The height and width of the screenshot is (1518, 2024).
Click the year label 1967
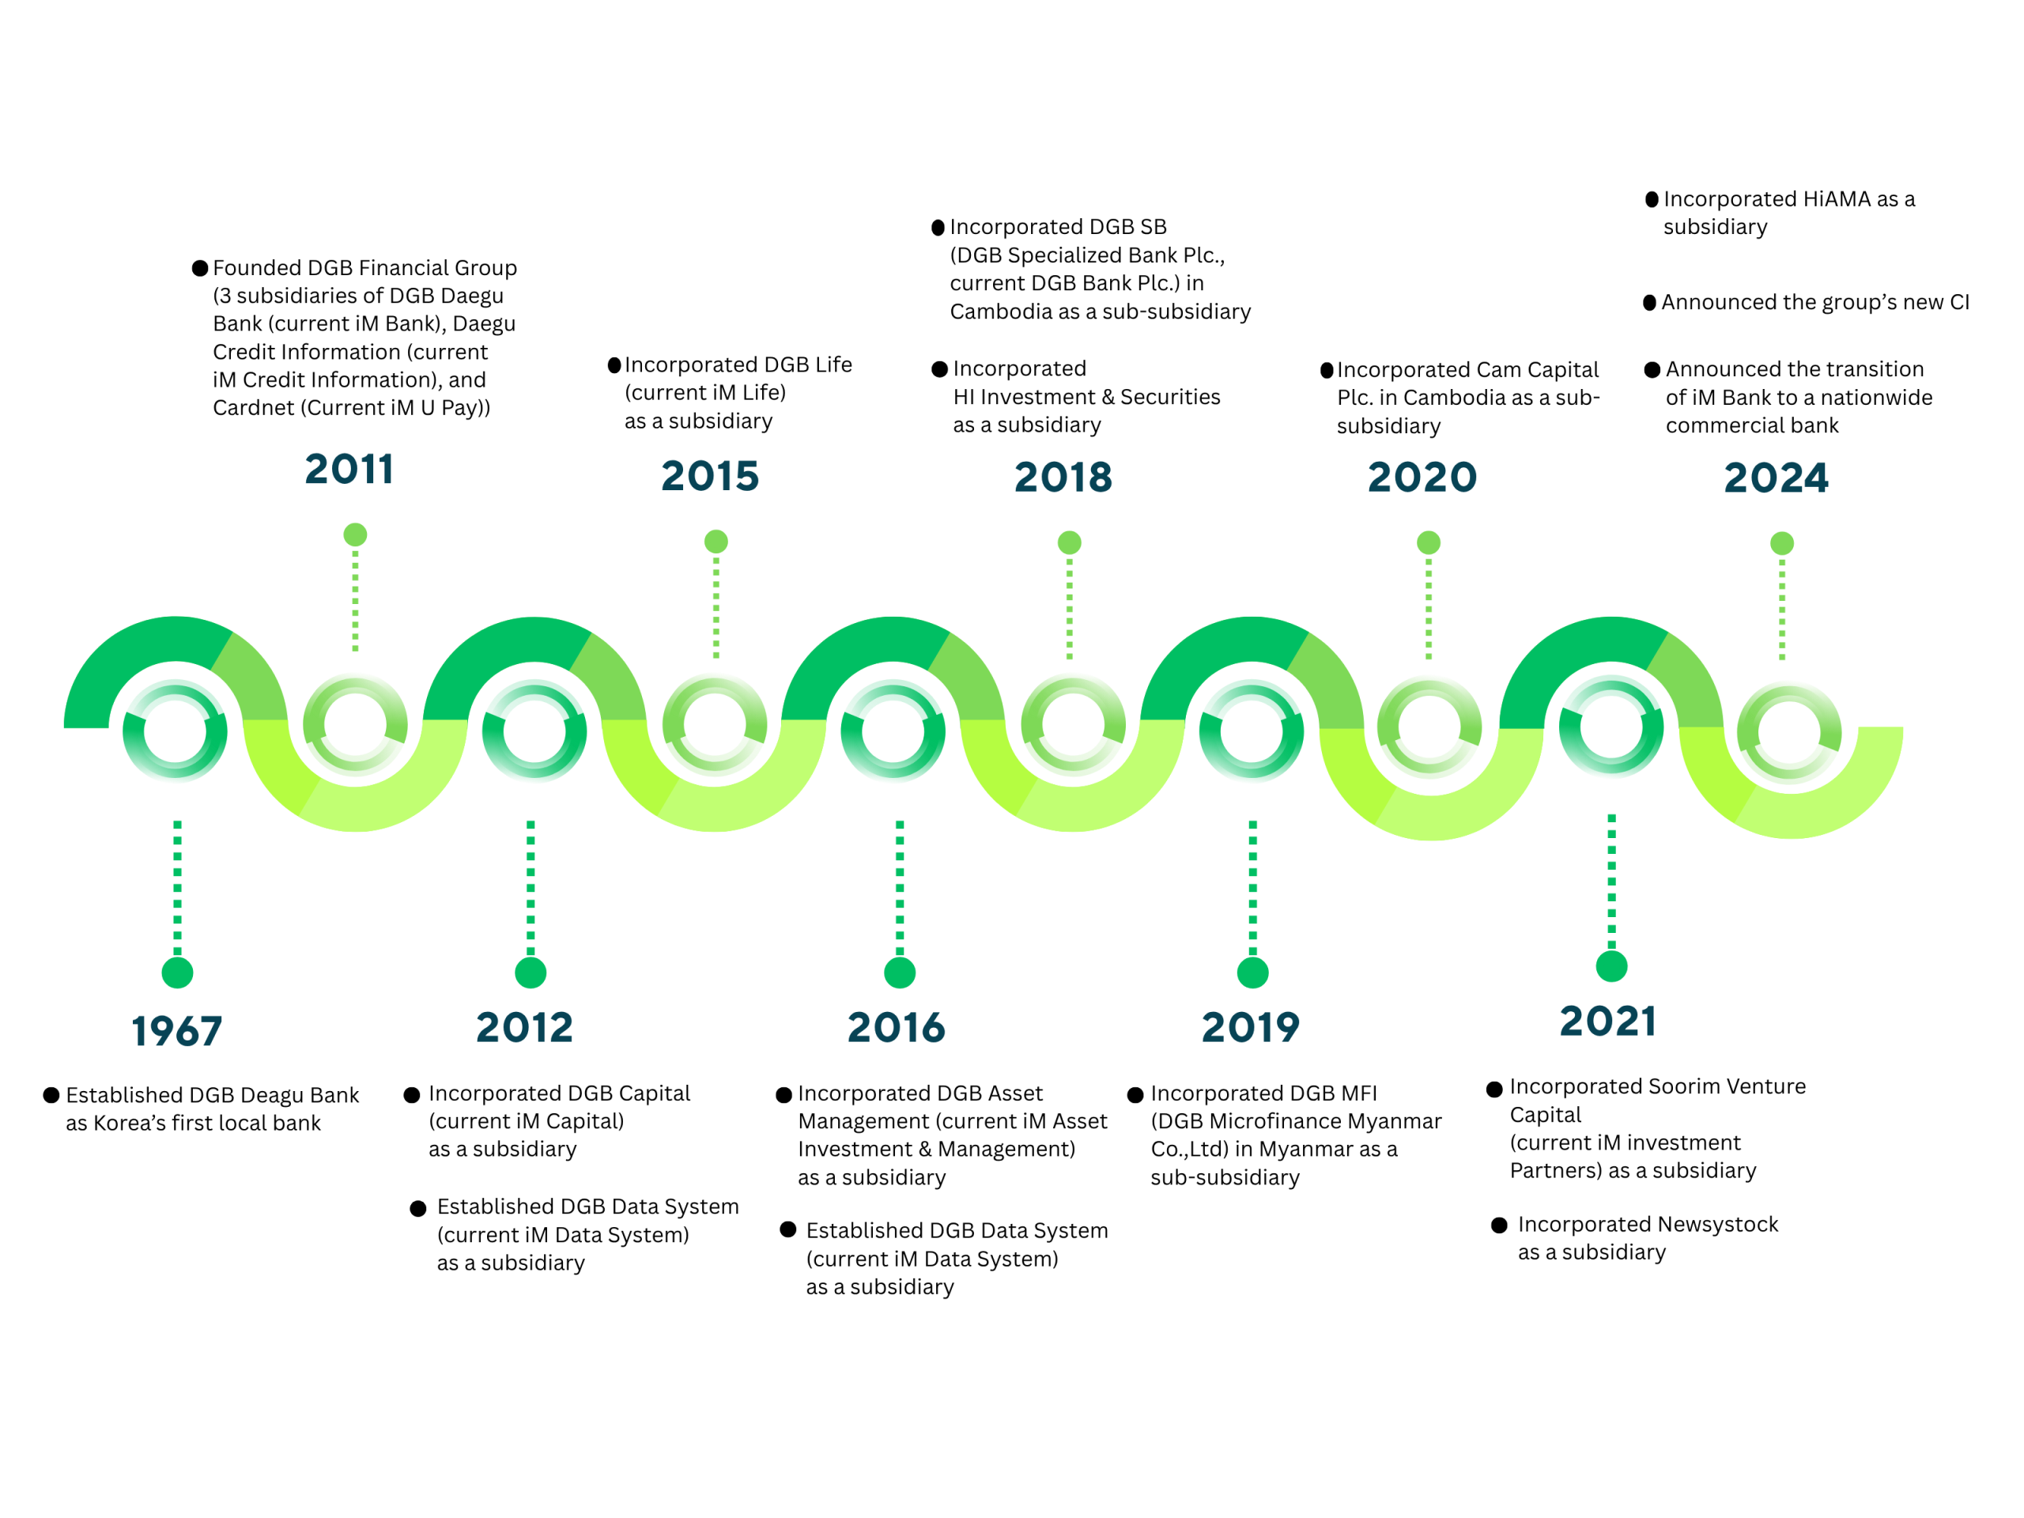click(x=176, y=1031)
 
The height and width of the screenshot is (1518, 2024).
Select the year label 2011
click(x=349, y=470)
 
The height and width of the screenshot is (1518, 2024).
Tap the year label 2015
click(x=710, y=476)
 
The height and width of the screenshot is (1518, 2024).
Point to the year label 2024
click(x=1776, y=478)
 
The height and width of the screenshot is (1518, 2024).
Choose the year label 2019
click(x=1250, y=1027)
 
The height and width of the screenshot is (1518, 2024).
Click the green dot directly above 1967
click(x=178, y=972)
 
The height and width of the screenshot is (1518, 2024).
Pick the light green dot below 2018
click(x=1070, y=542)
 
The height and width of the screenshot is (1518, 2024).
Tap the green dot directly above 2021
click(x=1611, y=966)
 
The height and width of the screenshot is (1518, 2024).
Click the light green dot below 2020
click(x=1429, y=542)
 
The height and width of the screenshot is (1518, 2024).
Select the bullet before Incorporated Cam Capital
click(x=1326, y=371)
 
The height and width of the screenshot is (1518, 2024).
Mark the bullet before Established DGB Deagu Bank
click(x=51, y=1095)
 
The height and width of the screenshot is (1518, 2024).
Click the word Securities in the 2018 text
click(x=1170, y=397)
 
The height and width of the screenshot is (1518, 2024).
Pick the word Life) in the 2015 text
click(x=763, y=392)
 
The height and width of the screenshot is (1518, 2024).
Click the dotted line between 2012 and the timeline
click(x=531, y=888)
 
